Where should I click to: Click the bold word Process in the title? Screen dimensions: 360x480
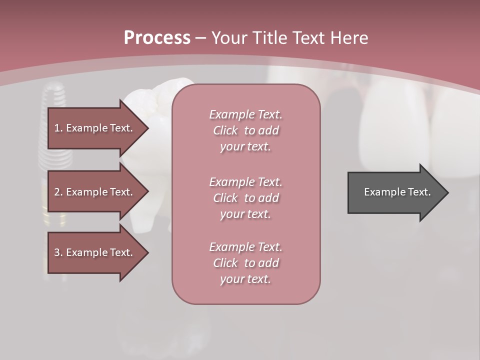coord(157,38)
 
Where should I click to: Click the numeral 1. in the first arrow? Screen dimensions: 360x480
coord(58,128)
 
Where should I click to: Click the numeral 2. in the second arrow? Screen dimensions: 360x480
coord(58,192)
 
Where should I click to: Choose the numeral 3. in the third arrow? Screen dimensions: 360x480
coord(58,252)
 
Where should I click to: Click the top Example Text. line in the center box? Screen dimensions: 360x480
coord(245,114)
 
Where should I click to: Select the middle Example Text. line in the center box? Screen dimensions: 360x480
coord(245,182)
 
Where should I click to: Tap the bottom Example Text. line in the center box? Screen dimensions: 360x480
coord(245,247)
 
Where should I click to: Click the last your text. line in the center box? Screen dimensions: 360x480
coord(245,279)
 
